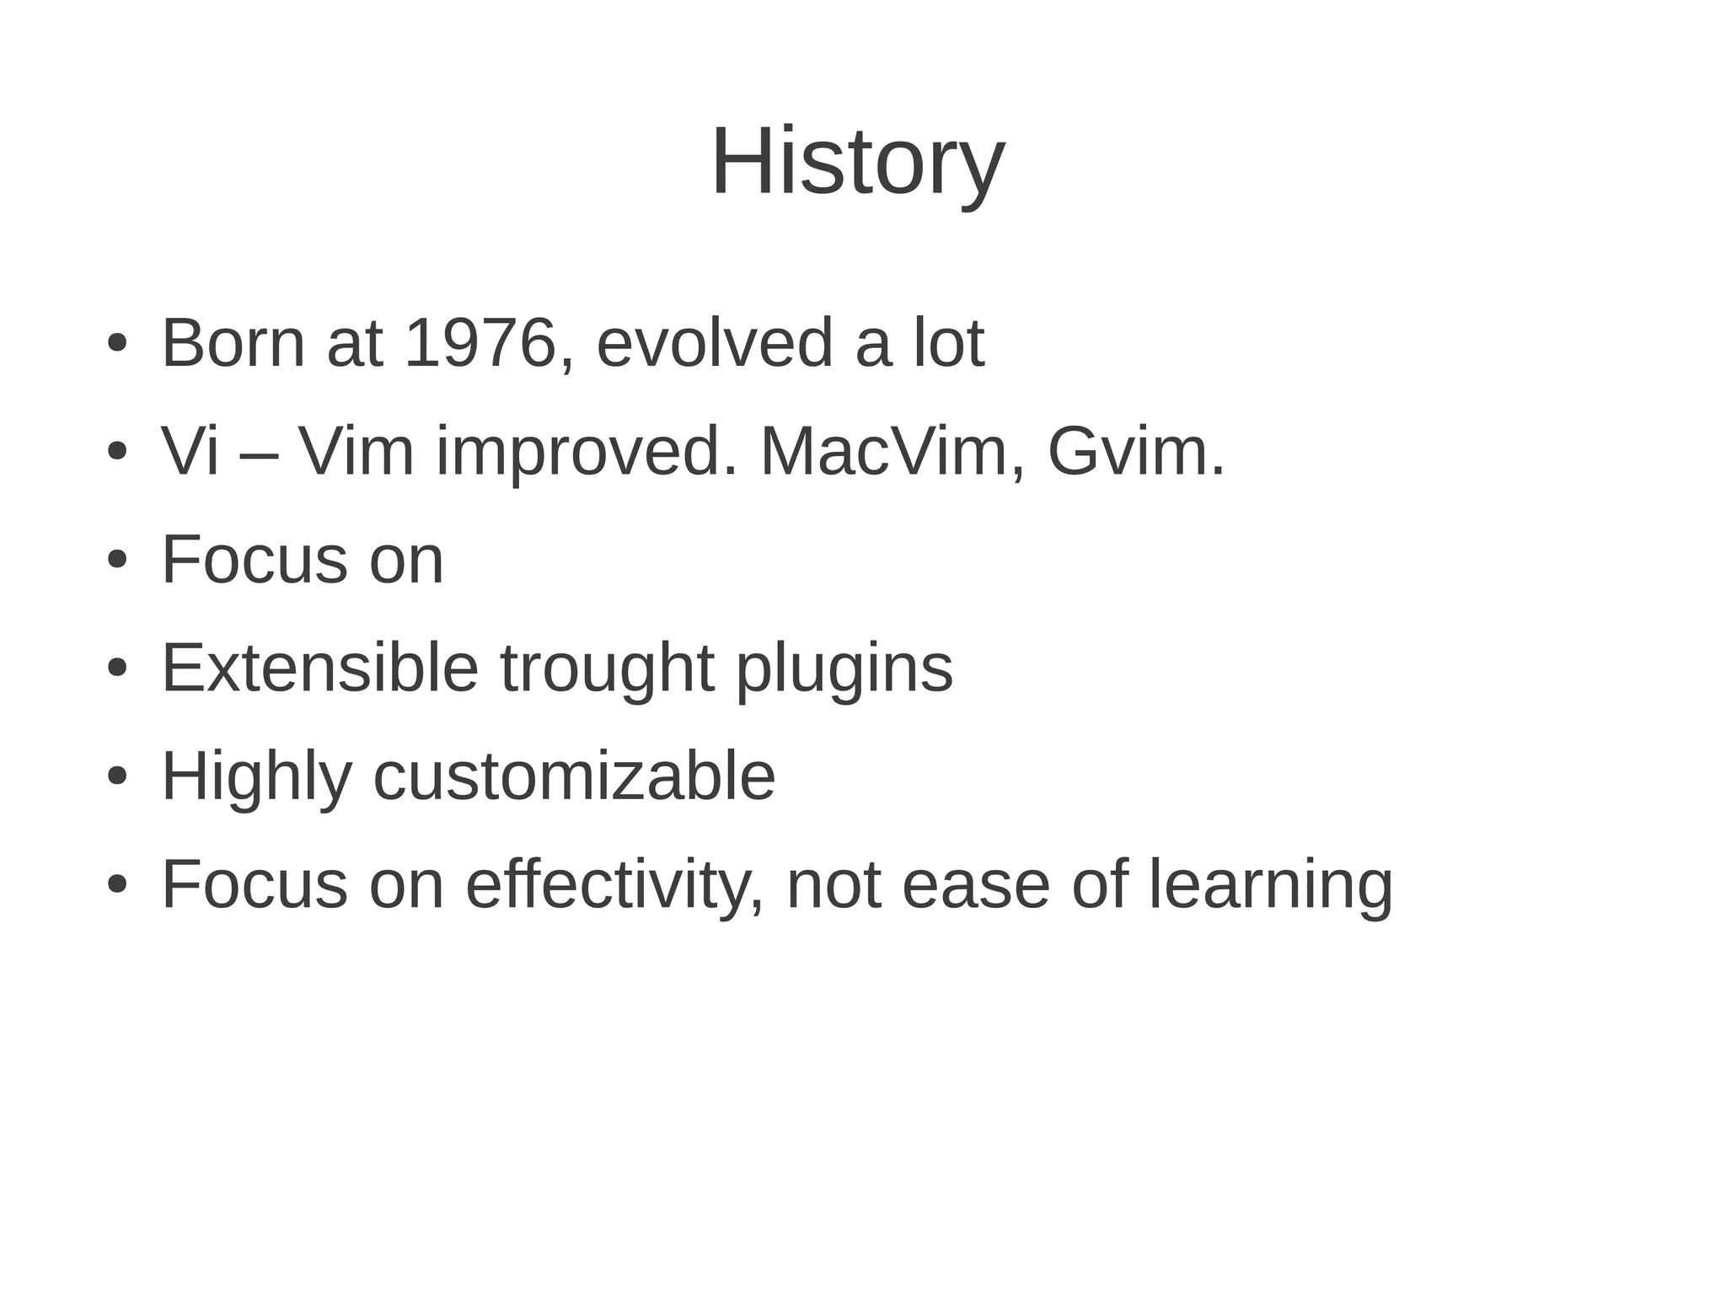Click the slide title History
pyautogui.click(x=858, y=161)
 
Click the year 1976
pyautogui.click(x=480, y=343)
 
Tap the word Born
pyautogui.click(x=233, y=343)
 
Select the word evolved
pyautogui.click(x=715, y=343)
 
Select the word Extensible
pyautogui.click(x=320, y=668)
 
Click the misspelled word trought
pyautogui.click(x=608, y=668)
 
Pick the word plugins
pyautogui.click(x=844, y=668)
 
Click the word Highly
pyautogui.click(x=256, y=776)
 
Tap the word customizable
pyautogui.click(x=574, y=776)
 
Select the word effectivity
pyautogui.click(x=614, y=884)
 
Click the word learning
pyautogui.click(x=1271, y=884)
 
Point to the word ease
pyautogui.click(x=976, y=884)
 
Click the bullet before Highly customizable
pyautogui.click(x=117, y=776)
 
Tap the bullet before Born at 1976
pyautogui.click(x=117, y=344)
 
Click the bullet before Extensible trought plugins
pyautogui.click(x=117, y=668)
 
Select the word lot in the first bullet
pyautogui.click(x=949, y=343)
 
